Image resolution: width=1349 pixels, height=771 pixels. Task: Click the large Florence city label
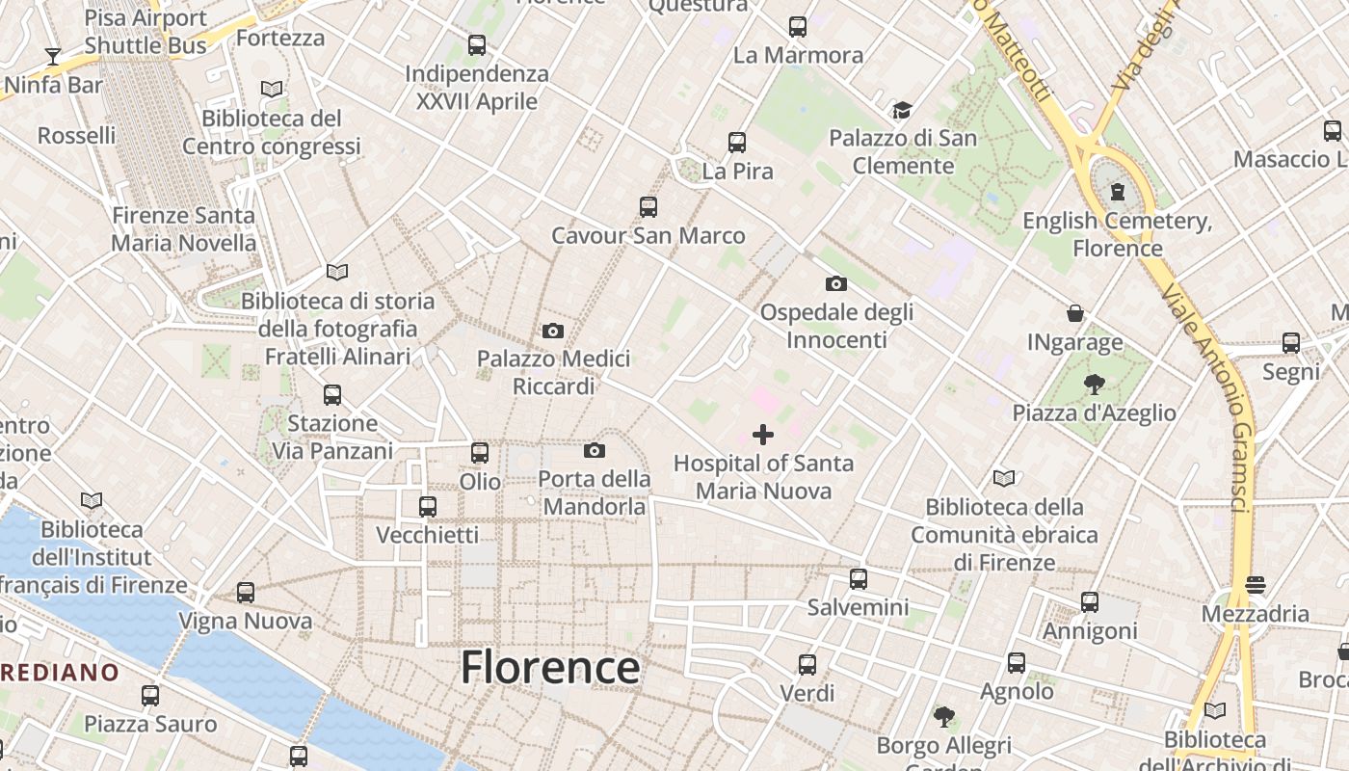pos(550,667)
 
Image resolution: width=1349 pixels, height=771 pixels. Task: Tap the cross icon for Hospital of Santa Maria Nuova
pos(763,435)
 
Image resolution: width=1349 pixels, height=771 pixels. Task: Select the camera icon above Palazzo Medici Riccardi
pos(553,331)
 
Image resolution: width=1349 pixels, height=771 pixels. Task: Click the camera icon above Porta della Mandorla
pos(595,450)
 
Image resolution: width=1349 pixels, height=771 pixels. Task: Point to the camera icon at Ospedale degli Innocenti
pos(836,283)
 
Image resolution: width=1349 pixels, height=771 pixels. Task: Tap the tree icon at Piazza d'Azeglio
pos(1094,385)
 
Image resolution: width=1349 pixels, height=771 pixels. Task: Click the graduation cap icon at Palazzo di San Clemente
pos(902,110)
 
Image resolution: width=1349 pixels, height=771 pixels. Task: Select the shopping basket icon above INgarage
pos(1075,313)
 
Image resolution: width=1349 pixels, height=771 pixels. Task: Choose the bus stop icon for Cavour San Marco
pos(648,206)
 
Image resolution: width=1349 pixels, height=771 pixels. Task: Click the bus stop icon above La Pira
pos(737,143)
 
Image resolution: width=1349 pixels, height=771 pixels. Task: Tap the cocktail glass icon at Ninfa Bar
pos(53,57)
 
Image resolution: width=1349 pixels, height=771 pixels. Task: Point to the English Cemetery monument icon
pos(1118,192)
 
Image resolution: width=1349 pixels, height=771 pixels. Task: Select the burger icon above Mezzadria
pos(1255,585)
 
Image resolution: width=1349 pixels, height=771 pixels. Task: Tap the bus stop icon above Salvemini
pos(858,579)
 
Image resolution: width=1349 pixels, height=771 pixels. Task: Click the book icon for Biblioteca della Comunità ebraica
pos(1004,478)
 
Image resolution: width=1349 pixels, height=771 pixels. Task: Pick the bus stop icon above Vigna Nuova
pos(246,593)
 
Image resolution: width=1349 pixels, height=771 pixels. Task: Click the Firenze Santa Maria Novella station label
pos(183,229)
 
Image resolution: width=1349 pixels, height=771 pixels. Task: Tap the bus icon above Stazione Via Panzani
pos(332,394)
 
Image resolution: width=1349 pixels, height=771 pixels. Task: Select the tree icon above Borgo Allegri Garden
pos(944,716)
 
